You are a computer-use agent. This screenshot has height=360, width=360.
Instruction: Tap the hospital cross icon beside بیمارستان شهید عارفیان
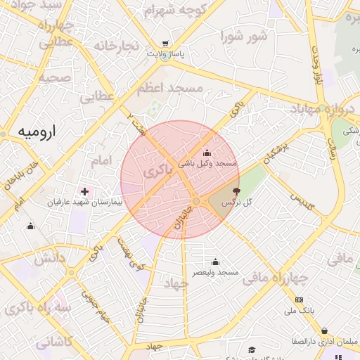85,191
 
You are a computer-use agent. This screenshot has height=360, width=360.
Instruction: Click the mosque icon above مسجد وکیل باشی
207,153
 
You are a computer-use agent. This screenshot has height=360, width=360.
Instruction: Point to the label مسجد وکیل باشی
207,163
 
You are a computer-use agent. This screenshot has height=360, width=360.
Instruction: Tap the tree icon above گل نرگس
235,191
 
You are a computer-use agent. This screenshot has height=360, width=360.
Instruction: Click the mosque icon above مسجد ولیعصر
216,262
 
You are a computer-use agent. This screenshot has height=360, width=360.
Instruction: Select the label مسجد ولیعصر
217,271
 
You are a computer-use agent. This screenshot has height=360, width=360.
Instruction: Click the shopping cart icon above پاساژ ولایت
165,43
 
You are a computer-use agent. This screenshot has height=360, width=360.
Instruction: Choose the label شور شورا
243,36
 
